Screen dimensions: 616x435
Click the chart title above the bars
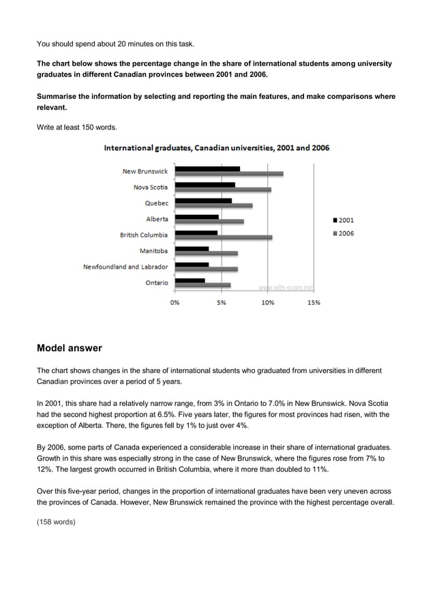click(x=216, y=148)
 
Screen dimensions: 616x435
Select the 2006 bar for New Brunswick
click(x=228, y=174)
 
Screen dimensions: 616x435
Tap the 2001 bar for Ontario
click(x=190, y=280)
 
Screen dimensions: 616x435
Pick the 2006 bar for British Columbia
click(x=223, y=237)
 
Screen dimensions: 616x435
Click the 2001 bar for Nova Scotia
click(x=205, y=184)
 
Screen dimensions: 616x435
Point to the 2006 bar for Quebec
click(x=213, y=205)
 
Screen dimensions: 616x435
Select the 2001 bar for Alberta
click(x=196, y=217)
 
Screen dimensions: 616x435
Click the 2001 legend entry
click(x=343, y=220)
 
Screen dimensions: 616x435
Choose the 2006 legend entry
click(x=343, y=233)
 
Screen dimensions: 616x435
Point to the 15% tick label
click(x=314, y=302)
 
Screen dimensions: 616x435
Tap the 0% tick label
click(x=175, y=302)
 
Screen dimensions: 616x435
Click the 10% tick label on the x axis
click(x=267, y=302)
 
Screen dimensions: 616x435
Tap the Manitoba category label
click(x=153, y=251)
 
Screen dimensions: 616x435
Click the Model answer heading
click(x=69, y=349)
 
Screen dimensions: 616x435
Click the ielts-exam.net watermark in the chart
click(x=286, y=288)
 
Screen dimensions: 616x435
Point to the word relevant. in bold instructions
click(x=51, y=108)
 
